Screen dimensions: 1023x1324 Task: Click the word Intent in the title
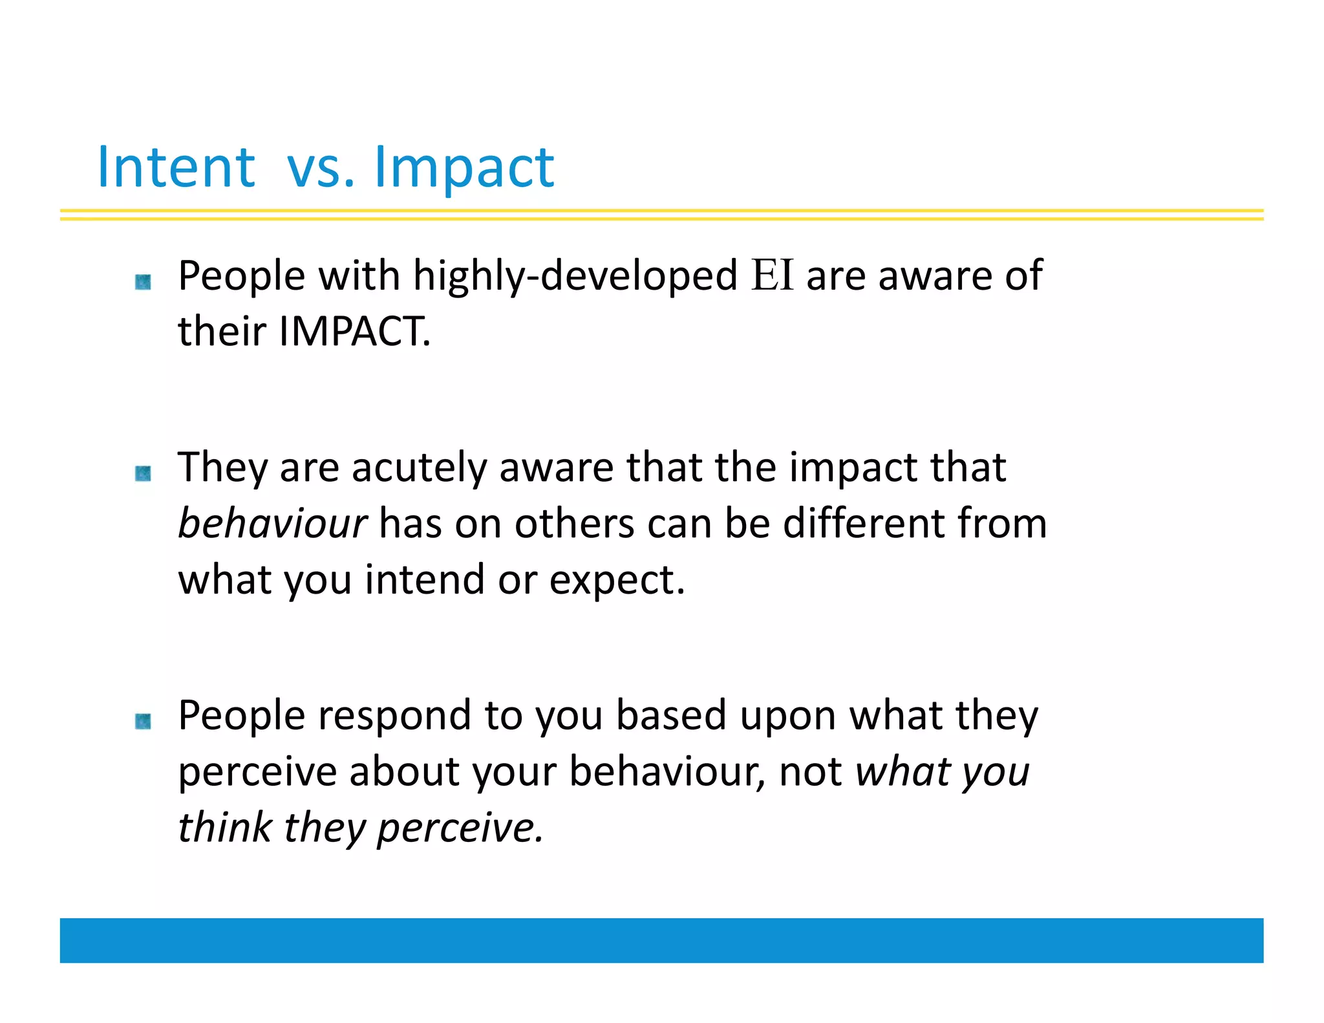coord(176,167)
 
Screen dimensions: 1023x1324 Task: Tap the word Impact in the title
coord(464,168)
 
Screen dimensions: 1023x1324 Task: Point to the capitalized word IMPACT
coord(354,331)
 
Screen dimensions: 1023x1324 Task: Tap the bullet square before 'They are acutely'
coord(143,473)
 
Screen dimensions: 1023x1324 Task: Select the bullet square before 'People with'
coord(143,282)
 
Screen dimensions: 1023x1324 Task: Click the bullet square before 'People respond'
coord(143,721)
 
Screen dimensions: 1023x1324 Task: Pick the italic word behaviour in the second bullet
coord(272,522)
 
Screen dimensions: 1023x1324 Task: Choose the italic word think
coord(224,827)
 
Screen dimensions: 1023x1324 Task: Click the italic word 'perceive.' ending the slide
coord(460,828)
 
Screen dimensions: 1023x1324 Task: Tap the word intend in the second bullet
coord(425,579)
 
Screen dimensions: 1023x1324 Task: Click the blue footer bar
coord(661,940)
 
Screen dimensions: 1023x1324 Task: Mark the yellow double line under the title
coord(661,215)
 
